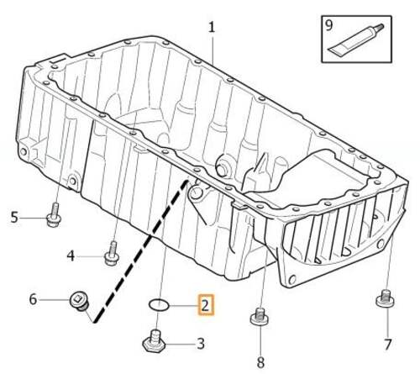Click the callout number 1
[x=212, y=27]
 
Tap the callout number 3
[x=201, y=343]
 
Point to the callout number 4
[x=71, y=255]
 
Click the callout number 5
[x=14, y=219]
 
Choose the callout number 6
[x=33, y=299]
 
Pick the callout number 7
[x=387, y=345]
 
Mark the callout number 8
[x=260, y=363]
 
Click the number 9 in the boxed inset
[x=330, y=25]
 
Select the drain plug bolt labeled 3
[x=155, y=343]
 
